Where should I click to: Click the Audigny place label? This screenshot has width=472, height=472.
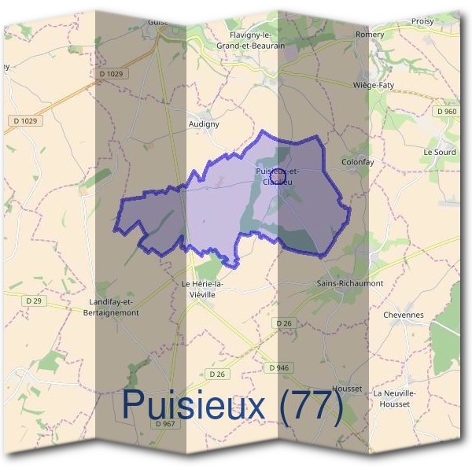(x=205, y=124)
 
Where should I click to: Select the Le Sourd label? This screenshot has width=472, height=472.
(x=440, y=152)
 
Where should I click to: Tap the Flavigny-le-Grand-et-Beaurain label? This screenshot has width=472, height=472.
(x=250, y=41)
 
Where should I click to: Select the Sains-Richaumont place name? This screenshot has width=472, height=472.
(x=349, y=282)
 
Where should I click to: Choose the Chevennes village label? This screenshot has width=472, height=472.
(x=403, y=315)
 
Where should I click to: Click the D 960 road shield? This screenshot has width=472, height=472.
(x=445, y=112)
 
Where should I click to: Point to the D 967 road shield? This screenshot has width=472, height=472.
(x=164, y=425)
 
